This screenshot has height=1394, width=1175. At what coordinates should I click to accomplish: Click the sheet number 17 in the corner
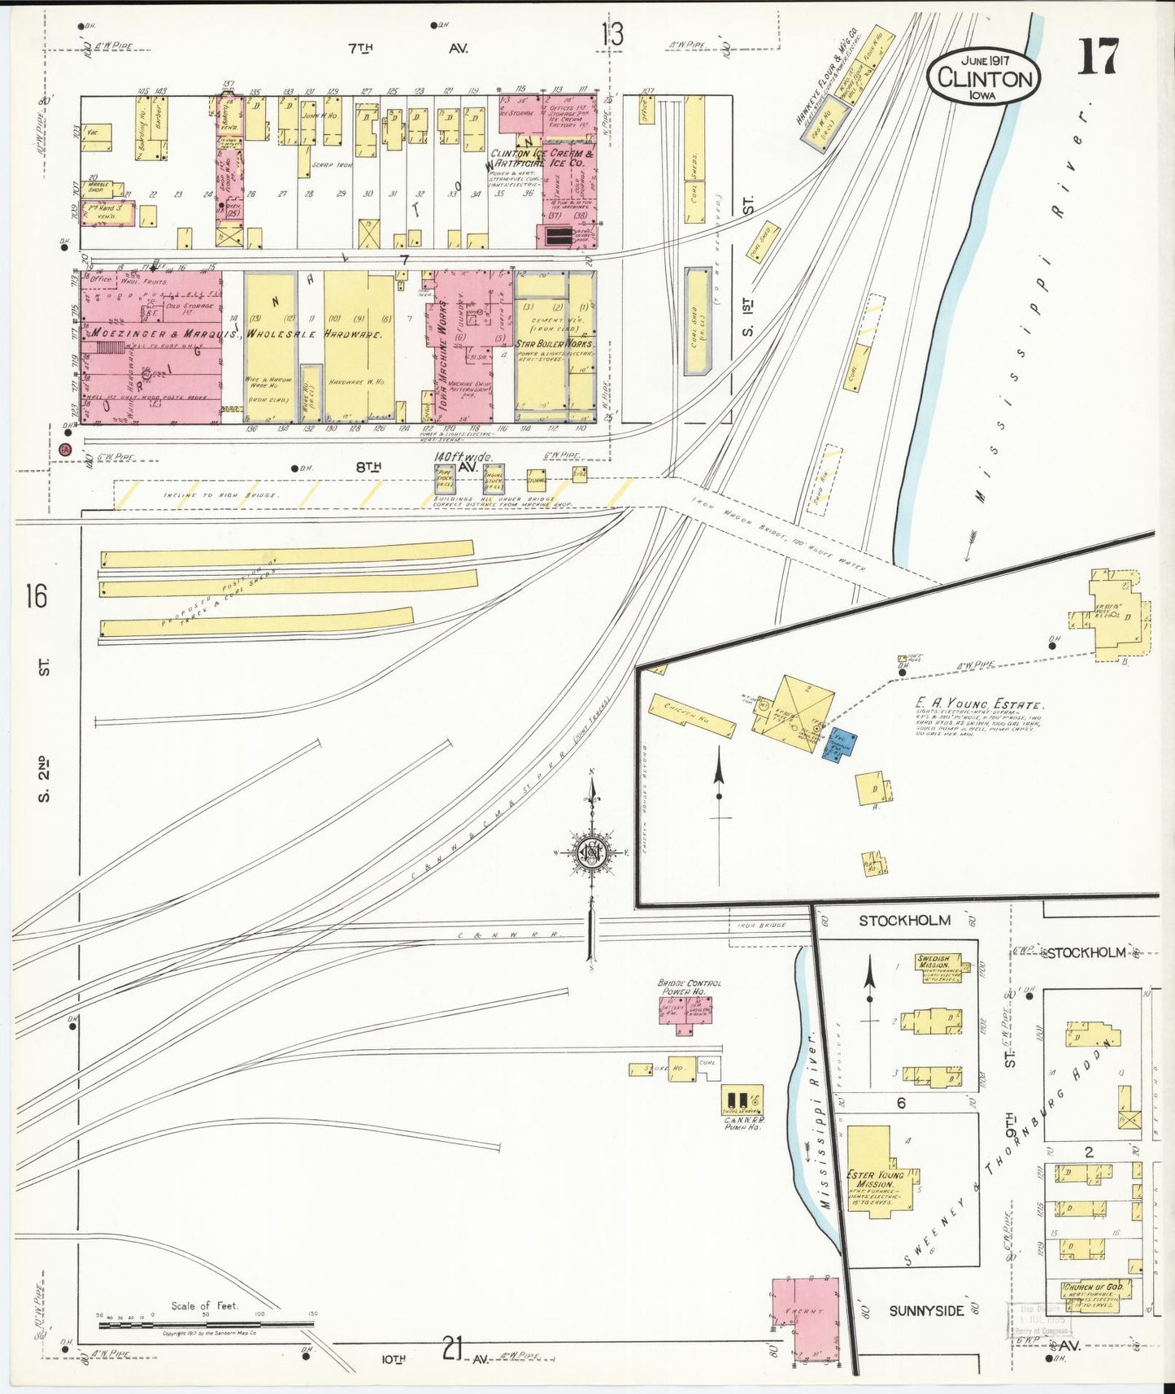tap(1098, 57)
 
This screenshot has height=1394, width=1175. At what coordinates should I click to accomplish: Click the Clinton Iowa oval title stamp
tap(984, 78)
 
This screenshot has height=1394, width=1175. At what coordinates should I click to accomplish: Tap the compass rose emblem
tap(593, 853)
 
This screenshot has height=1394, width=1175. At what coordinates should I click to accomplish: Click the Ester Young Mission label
tap(875, 1179)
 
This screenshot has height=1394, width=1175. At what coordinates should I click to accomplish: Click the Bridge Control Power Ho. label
tap(689, 987)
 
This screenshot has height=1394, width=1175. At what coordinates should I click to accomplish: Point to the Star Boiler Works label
tap(555, 344)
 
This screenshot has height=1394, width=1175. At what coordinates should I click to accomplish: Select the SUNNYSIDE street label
tap(925, 1311)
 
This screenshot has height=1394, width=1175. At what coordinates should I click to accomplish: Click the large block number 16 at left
tap(36, 596)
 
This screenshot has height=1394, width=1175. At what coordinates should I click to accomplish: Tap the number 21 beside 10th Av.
tap(452, 1348)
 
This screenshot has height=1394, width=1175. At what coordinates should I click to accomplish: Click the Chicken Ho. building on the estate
tap(690, 717)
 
